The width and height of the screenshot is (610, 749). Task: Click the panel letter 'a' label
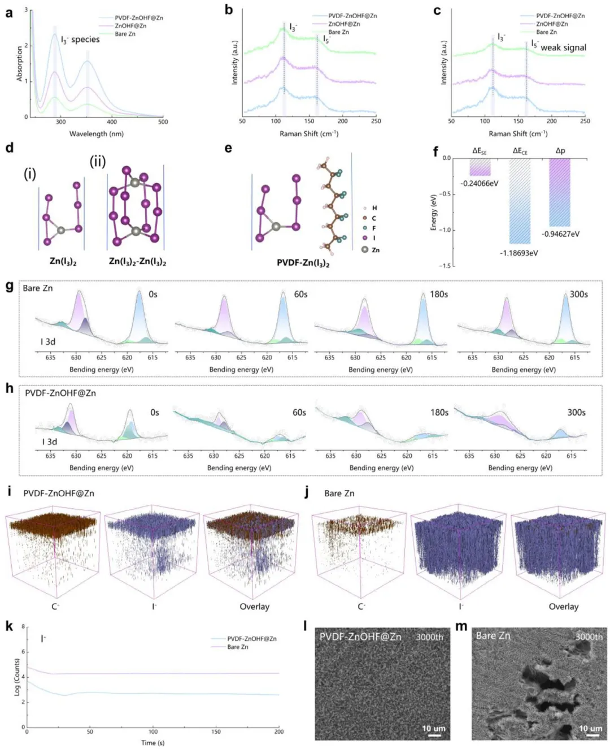click(x=9, y=12)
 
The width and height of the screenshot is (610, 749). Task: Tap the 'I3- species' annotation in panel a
click(x=80, y=40)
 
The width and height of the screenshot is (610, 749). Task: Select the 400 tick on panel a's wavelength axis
click(x=112, y=122)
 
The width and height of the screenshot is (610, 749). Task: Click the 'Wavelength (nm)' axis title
click(x=96, y=134)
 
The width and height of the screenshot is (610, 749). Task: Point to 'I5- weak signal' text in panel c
click(x=559, y=47)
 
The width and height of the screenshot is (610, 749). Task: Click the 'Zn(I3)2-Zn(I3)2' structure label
click(x=137, y=262)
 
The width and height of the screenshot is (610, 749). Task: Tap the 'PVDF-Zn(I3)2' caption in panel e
click(x=303, y=263)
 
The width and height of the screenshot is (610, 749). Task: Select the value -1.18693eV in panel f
click(x=518, y=253)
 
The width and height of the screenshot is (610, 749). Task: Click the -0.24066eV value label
click(x=479, y=184)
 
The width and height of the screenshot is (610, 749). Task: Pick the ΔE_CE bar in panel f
click(x=520, y=201)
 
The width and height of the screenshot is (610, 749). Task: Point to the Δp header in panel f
click(x=560, y=151)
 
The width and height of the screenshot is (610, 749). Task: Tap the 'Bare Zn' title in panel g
click(x=38, y=288)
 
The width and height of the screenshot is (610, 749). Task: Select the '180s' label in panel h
click(x=439, y=413)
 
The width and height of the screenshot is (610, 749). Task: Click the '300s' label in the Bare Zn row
click(x=578, y=295)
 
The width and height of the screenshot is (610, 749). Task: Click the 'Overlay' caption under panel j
click(x=563, y=607)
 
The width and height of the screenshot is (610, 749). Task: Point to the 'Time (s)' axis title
click(x=152, y=743)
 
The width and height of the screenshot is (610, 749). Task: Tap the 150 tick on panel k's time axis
click(x=216, y=731)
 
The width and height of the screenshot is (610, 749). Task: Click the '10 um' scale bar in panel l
click(x=434, y=729)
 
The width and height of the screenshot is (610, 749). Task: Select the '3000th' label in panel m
click(x=589, y=637)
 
